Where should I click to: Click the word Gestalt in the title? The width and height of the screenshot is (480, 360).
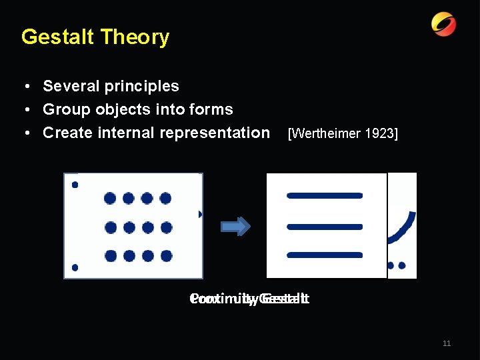tap(57, 37)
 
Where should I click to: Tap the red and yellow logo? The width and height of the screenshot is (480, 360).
tap(443, 25)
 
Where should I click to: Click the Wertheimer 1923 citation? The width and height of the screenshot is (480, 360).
tap(342, 134)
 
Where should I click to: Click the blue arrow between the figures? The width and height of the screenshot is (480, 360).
tap(235, 226)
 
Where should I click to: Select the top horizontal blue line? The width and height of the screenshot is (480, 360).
tap(325, 195)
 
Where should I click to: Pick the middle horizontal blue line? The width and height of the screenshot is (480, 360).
tap(325, 227)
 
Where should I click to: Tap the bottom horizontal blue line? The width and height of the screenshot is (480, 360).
tap(325, 255)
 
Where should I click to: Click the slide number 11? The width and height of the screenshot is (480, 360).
tap(447, 343)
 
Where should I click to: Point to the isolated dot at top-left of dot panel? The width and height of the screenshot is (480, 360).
tap(75, 185)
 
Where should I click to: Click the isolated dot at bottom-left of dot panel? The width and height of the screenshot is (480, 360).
tap(75, 267)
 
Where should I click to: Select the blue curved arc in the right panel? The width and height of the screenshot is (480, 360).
tap(403, 231)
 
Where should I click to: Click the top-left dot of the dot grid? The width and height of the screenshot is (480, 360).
tap(110, 198)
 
